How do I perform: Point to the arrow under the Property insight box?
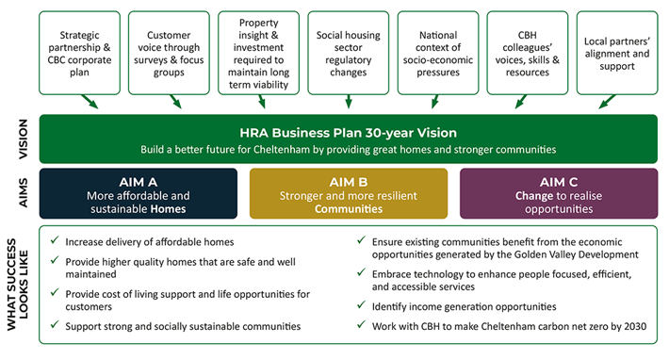tap(266, 101)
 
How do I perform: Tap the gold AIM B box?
tap(348, 193)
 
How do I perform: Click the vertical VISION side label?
tap(21, 139)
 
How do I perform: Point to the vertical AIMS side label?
tap(21, 193)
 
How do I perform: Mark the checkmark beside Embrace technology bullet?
tap(363, 272)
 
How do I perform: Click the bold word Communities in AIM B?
tap(348, 208)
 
